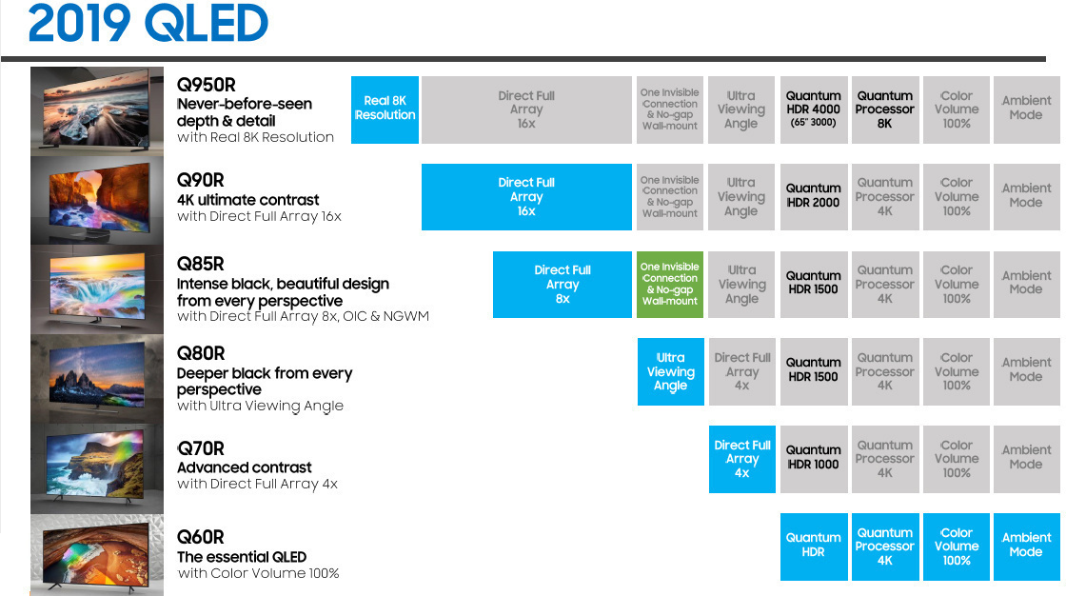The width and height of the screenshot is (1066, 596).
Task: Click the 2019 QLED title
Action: click(x=148, y=25)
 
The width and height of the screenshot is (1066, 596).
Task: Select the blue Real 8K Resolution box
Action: click(x=385, y=109)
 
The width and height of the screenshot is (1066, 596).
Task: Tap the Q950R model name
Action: click(x=205, y=85)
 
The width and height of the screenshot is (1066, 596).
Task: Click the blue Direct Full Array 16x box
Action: click(x=526, y=197)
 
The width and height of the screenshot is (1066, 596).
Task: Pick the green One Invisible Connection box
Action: click(x=670, y=284)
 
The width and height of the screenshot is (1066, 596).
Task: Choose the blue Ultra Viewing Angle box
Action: click(x=670, y=371)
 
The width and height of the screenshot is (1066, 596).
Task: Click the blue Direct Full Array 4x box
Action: click(x=741, y=459)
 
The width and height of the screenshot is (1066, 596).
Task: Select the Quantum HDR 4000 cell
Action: click(x=813, y=109)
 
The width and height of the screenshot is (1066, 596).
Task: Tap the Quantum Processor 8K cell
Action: click(x=884, y=109)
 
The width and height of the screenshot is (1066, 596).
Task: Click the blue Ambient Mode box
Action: click(x=1026, y=546)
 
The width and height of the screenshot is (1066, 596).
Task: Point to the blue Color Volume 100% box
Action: click(x=956, y=546)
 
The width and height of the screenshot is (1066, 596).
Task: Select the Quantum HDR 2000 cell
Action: click(x=813, y=196)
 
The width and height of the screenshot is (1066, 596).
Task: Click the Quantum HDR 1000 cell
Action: click(x=813, y=458)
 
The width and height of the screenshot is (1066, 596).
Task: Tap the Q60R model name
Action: click(x=200, y=537)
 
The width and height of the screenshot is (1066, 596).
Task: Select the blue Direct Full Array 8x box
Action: click(x=563, y=284)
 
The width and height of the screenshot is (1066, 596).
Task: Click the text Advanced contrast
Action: click(x=244, y=467)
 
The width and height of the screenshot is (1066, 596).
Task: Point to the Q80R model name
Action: click(x=200, y=354)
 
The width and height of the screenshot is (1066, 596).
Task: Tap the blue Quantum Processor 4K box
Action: click(x=884, y=546)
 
